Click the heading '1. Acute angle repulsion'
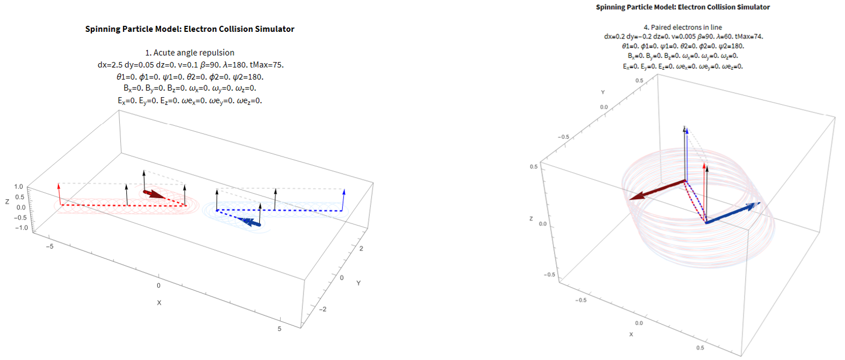pyautogui.click(x=190, y=53)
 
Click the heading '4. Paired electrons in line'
pyautogui.click(x=683, y=27)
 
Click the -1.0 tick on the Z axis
pyautogui.click(x=19, y=228)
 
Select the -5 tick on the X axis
pyautogui.click(x=49, y=247)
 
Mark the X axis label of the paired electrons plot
pyautogui.click(x=631, y=335)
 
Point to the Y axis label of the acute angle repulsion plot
pyautogui.click(x=358, y=283)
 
